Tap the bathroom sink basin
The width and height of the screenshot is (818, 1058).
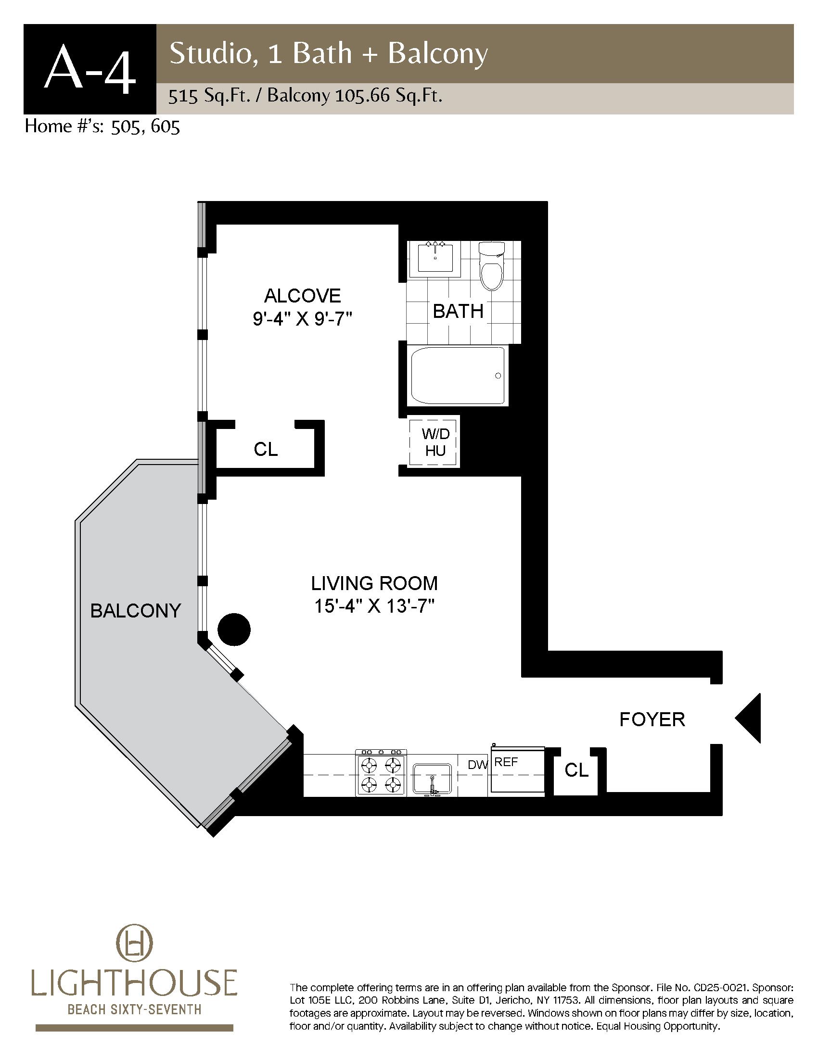pos(435,259)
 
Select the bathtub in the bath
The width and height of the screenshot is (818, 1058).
pos(458,377)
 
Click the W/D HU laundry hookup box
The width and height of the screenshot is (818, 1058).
pos(434,442)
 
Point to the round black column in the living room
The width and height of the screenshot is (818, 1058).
pos(234,630)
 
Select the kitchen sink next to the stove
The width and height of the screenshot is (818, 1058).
pos(432,779)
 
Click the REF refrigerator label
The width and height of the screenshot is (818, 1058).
pos(506,762)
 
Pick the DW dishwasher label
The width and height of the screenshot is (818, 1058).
pos(477,766)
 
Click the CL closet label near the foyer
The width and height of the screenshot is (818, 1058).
pos(576,770)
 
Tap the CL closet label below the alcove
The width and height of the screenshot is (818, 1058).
pos(266,449)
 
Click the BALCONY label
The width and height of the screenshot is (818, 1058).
pos(136,610)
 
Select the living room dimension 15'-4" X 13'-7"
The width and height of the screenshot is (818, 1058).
pos(374,606)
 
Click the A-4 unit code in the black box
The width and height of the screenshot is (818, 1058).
pos(89,69)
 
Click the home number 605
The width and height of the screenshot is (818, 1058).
pos(165,126)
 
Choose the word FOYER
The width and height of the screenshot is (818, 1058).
pos(652,719)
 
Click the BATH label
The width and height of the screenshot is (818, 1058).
pos(458,311)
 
